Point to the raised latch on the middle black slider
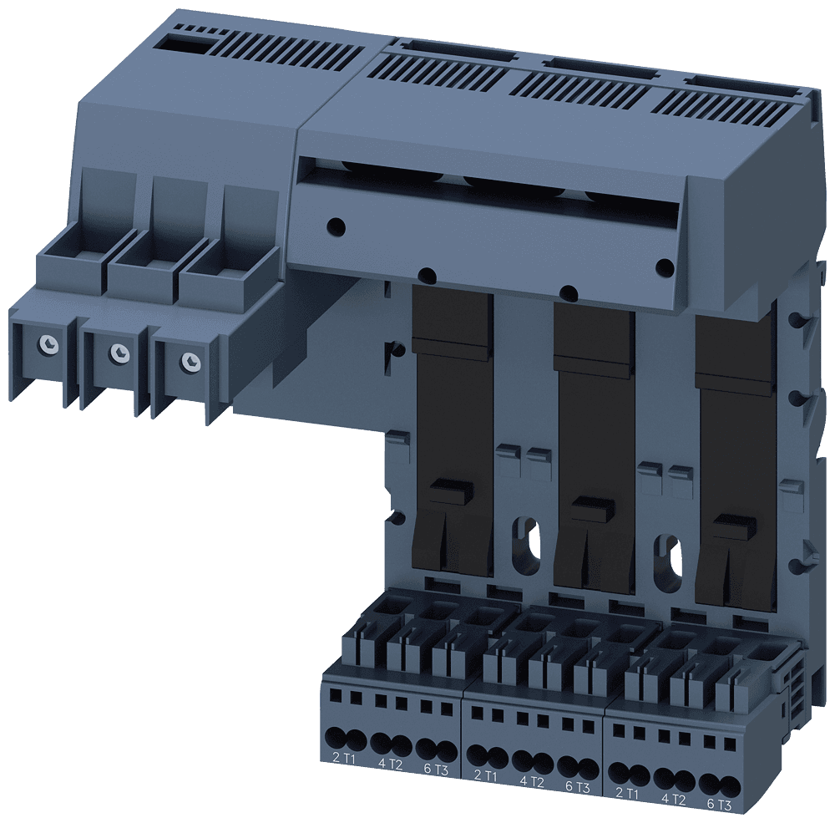pos(592,506)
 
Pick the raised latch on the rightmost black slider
pos(734,526)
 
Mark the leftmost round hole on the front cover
pos(334,226)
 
